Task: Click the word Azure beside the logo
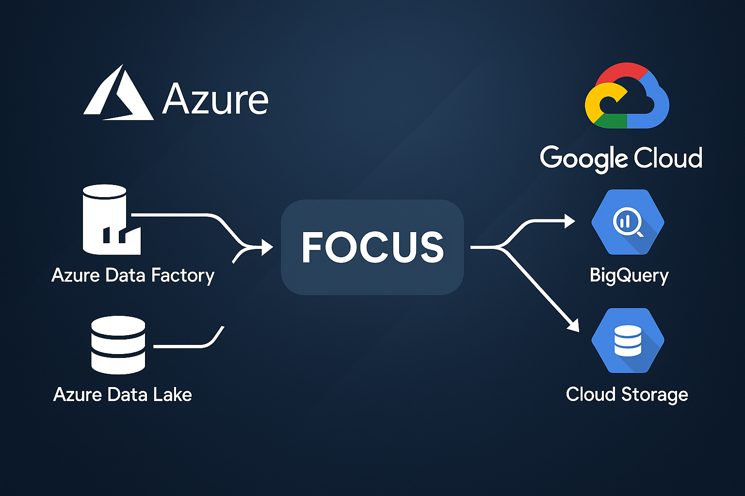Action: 215,99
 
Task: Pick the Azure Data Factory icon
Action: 111,220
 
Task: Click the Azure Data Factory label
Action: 133,275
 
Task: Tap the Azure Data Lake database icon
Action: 118,345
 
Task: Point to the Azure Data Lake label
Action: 122,394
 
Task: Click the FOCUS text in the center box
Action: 372,248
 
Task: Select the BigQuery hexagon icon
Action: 628,222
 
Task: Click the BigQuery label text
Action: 629,275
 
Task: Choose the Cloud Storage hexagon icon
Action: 628,341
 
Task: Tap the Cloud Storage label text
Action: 627,394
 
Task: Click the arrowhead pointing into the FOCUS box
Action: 267,247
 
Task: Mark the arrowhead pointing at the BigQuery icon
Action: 569,221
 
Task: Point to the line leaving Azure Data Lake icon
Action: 184,346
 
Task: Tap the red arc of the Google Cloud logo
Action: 621,72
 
